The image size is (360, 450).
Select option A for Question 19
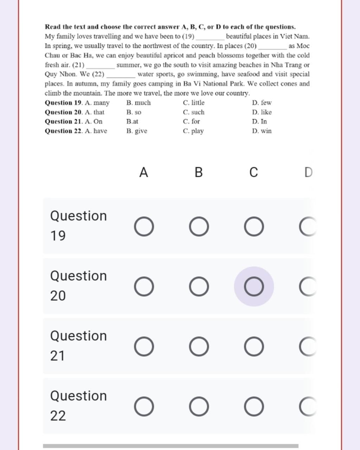[144, 226]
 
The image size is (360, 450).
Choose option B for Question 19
[199, 226]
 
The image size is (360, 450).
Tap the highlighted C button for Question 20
[254, 287]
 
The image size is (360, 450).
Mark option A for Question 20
[144, 287]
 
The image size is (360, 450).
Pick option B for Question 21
[199, 347]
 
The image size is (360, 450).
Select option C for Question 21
[254, 347]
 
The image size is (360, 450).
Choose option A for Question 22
[144, 406]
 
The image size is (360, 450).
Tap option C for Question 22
[254, 406]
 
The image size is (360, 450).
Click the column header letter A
[143, 173]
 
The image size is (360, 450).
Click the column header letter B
[199, 173]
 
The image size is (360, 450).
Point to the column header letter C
[253, 173]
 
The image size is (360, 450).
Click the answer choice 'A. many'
[97, 103]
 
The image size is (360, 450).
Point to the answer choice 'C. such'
[194, 112]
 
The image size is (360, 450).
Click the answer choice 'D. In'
[259, 121]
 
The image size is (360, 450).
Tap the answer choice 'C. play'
[193, 131]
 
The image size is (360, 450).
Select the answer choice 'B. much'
[139, 103]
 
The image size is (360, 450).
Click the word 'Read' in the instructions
[52, 27]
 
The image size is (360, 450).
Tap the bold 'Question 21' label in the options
[63, 121]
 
